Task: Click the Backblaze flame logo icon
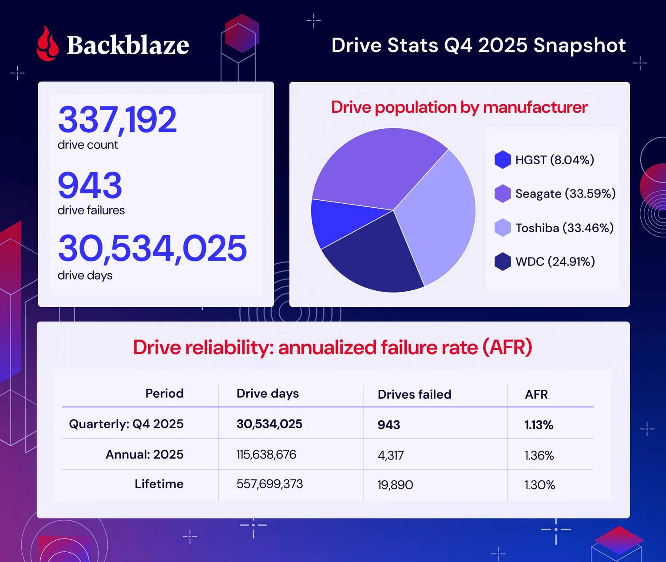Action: pyautogui.click(x=47, y=44)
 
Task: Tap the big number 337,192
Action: pyautogui.click(x=117, y=119)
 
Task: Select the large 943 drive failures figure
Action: pyautogui.click(x=90, y=185)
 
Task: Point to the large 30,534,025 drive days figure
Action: pyautogui.click(x=152, y=248)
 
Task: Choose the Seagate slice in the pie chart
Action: pyautogui.click(x=377, y=169)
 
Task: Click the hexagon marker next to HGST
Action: pyautogui.click(x=503, y=160)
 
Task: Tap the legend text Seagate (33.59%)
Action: pyautogui.click(x=565, y=194)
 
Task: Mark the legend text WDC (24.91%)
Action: pyautogui.click(x=555, y=262)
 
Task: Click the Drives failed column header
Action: pyautogui.click(x=414, y=394)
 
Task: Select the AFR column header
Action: pyautogui.click(x=536, y=394)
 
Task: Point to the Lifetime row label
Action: pyautogui.click(x=159, y=484)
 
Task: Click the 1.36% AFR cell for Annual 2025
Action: pyautogui.click(x=539, y=455)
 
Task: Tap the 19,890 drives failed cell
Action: pyautogui.click(x=395, y=485)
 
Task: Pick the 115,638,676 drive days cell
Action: pyautogui.click(x=266, y=455)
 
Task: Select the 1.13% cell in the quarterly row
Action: pyautogui.click(x=539, y=425)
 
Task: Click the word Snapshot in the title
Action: pyautogui.click(x=579, y=45)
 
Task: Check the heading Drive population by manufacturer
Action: pyautogui.click(x=459, y=107)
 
